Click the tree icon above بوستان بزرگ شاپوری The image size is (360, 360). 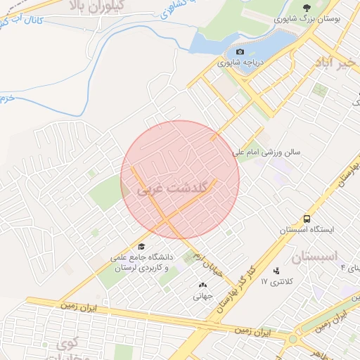(x=305, y=8)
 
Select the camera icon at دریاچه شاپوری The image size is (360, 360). (x=240, y=52)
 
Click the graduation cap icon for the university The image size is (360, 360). (x=142, y=247)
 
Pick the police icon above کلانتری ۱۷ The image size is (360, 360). (x=276, y=270)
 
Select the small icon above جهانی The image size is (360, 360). (x=203, y=285)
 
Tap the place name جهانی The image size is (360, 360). (x=202, y=296)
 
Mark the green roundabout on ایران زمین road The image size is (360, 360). (x=292, y=340)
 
